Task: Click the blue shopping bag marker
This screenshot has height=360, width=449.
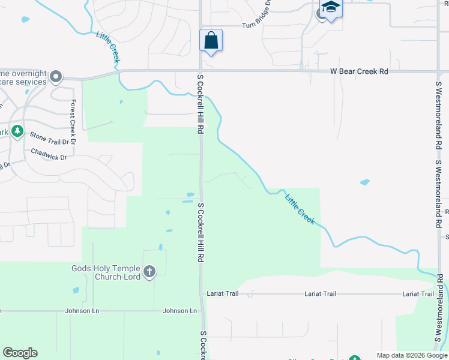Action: [x=211, y=41]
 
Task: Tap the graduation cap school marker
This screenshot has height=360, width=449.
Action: [x=330, y=8]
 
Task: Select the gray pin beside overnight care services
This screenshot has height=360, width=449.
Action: [x=56, y=76]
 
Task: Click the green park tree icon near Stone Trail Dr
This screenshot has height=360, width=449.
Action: [x=17, y=130]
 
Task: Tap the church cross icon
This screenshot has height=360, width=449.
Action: [x=149, y=272]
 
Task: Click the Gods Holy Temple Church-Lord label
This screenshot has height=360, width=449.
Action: [x=106, y=272]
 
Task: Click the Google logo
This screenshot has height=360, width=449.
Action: [x=20, y=353]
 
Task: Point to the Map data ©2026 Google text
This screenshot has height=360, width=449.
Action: [x=411, y=355]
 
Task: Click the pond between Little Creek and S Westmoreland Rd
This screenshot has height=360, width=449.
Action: [x=364, y=182]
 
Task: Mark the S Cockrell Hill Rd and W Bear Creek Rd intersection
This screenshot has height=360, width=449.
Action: [x=200, y=71]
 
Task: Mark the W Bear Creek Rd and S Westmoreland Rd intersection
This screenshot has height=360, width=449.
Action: [x=436, y=71]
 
